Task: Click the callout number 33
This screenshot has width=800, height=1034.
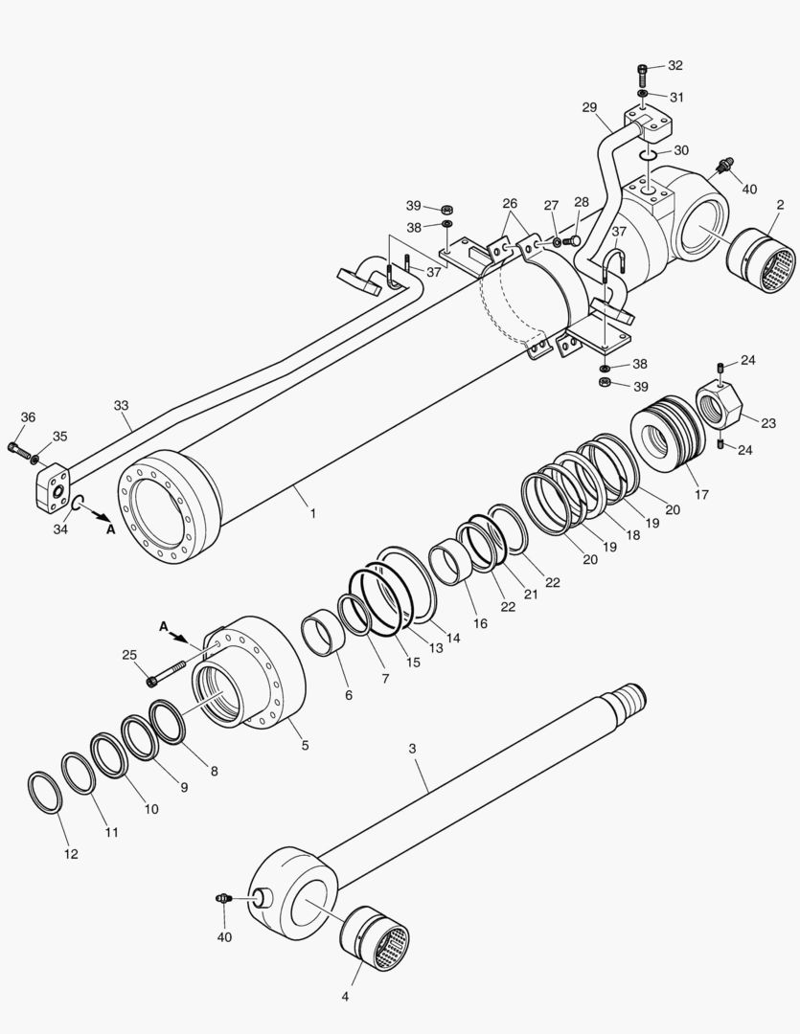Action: pyautogui.click(x=122, y=406)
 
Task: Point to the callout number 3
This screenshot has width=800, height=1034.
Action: pyautogui.click(x=413, y=748)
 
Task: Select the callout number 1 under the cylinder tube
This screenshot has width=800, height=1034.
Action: pyautogui.click(x=312, y=513)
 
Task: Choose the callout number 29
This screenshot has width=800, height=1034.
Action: pyautogui.click(x=589, y=109)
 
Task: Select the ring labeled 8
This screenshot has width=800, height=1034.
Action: pyautogui.click(x=169, y=724)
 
